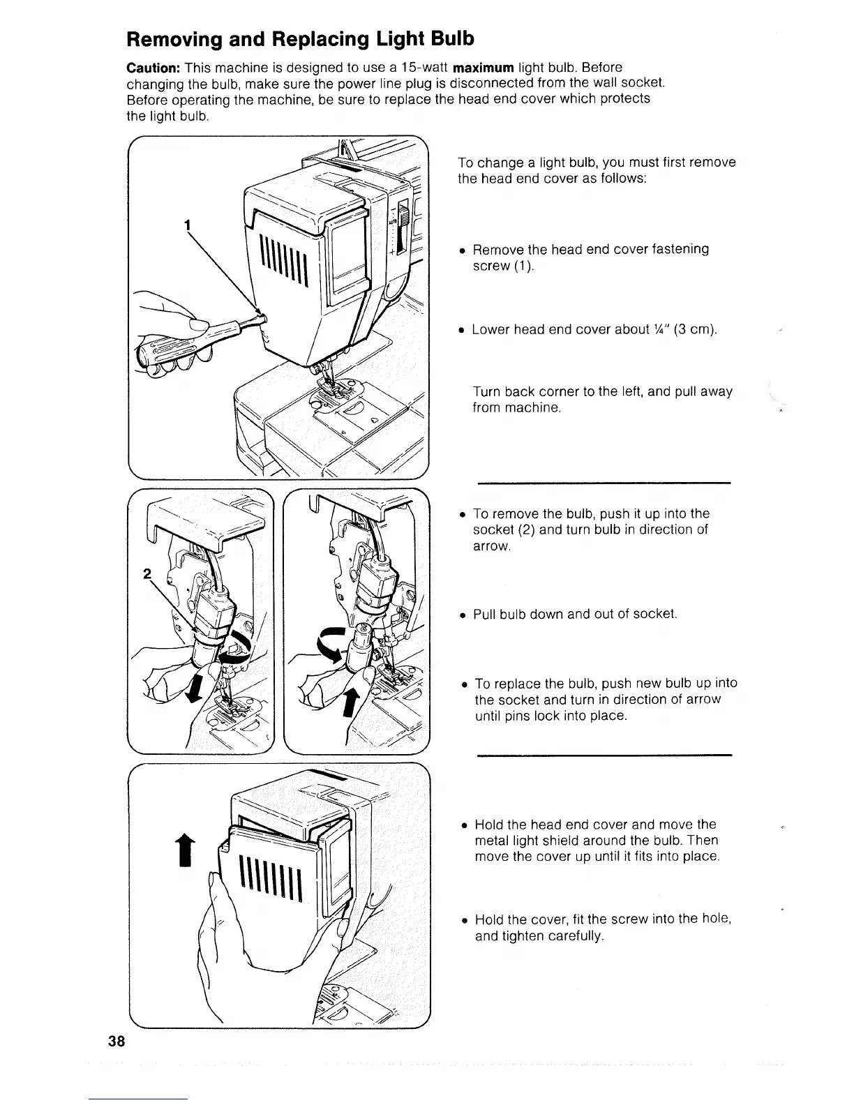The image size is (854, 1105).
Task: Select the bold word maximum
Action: click(484, 68)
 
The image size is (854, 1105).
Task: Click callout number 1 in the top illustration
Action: click(186, 225)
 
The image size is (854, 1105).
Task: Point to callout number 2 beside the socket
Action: click(147, 574)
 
